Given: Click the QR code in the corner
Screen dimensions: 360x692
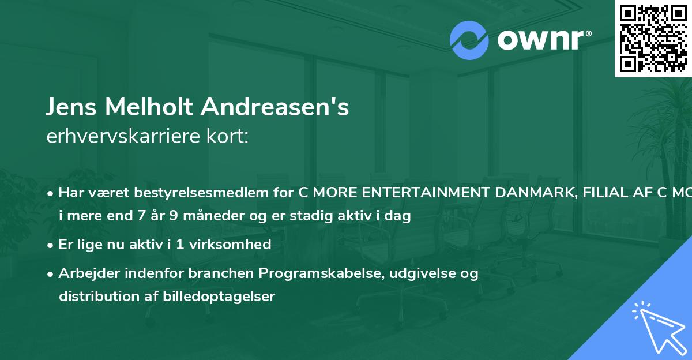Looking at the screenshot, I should coord(653,38).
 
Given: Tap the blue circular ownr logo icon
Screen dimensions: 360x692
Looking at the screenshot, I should coord(469,40).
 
